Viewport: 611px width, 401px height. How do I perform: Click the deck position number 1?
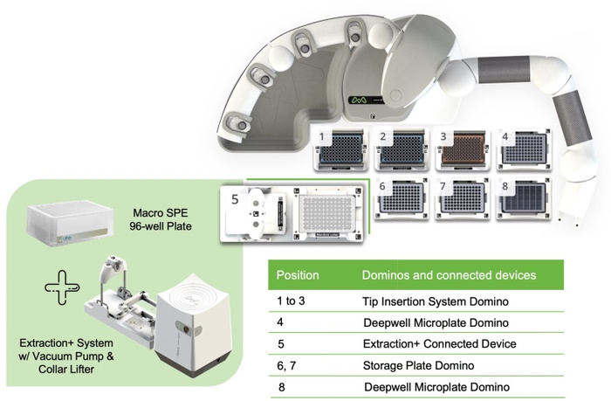pos(323,137)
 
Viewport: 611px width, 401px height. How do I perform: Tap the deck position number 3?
pos(443,137)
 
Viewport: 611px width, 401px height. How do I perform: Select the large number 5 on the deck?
pos(233,199)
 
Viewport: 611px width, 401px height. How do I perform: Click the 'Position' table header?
pos(297,274)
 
